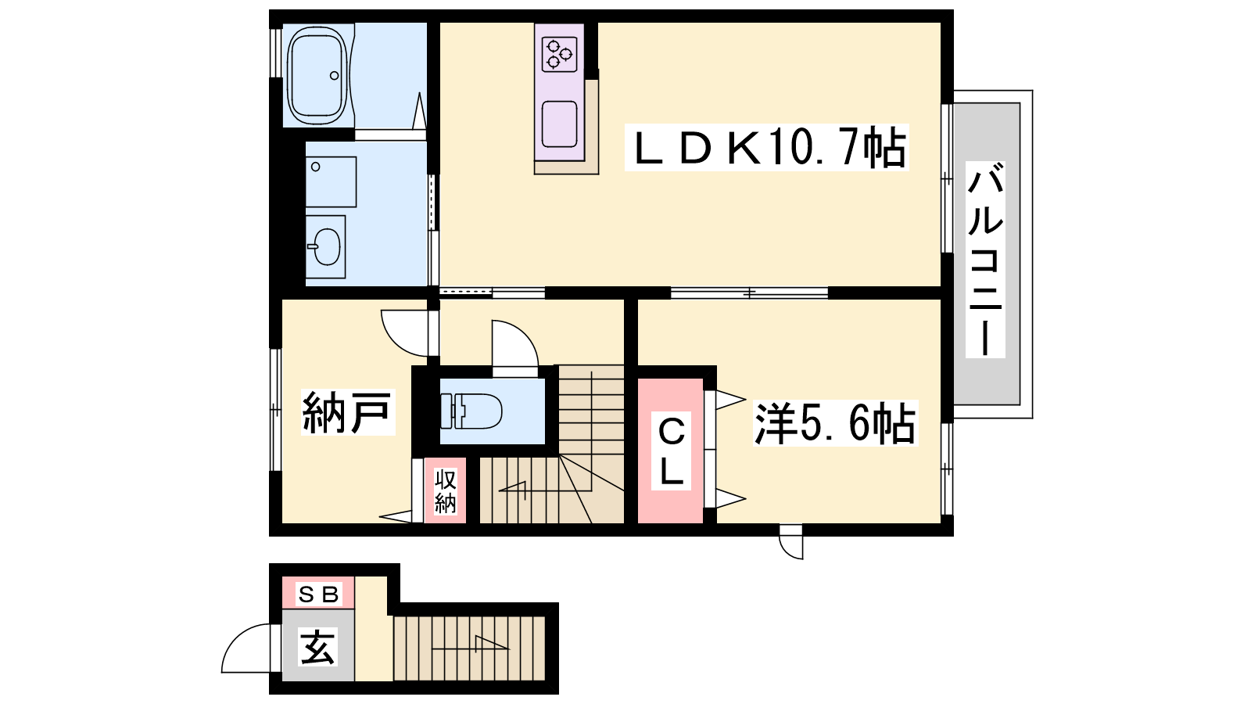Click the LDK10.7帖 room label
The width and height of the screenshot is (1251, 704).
pos(767,147)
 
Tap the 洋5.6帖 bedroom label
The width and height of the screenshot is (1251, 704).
pos(835,423)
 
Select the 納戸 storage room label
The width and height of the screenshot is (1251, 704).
pos(347,412)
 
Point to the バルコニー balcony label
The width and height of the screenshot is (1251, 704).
pos(985,260)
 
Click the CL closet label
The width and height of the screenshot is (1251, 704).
pos(672,451)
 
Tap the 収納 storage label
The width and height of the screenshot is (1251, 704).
pos(445,492)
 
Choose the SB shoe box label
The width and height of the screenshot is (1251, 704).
pos(318,594)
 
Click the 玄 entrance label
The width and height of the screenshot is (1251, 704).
pos(317,646)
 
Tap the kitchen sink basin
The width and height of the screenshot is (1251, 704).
pos(559,124)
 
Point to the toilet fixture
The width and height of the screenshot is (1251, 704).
pos(471,411)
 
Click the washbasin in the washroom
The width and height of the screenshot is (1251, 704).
pos(325,247)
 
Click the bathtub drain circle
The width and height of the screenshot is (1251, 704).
pos(335,75)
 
